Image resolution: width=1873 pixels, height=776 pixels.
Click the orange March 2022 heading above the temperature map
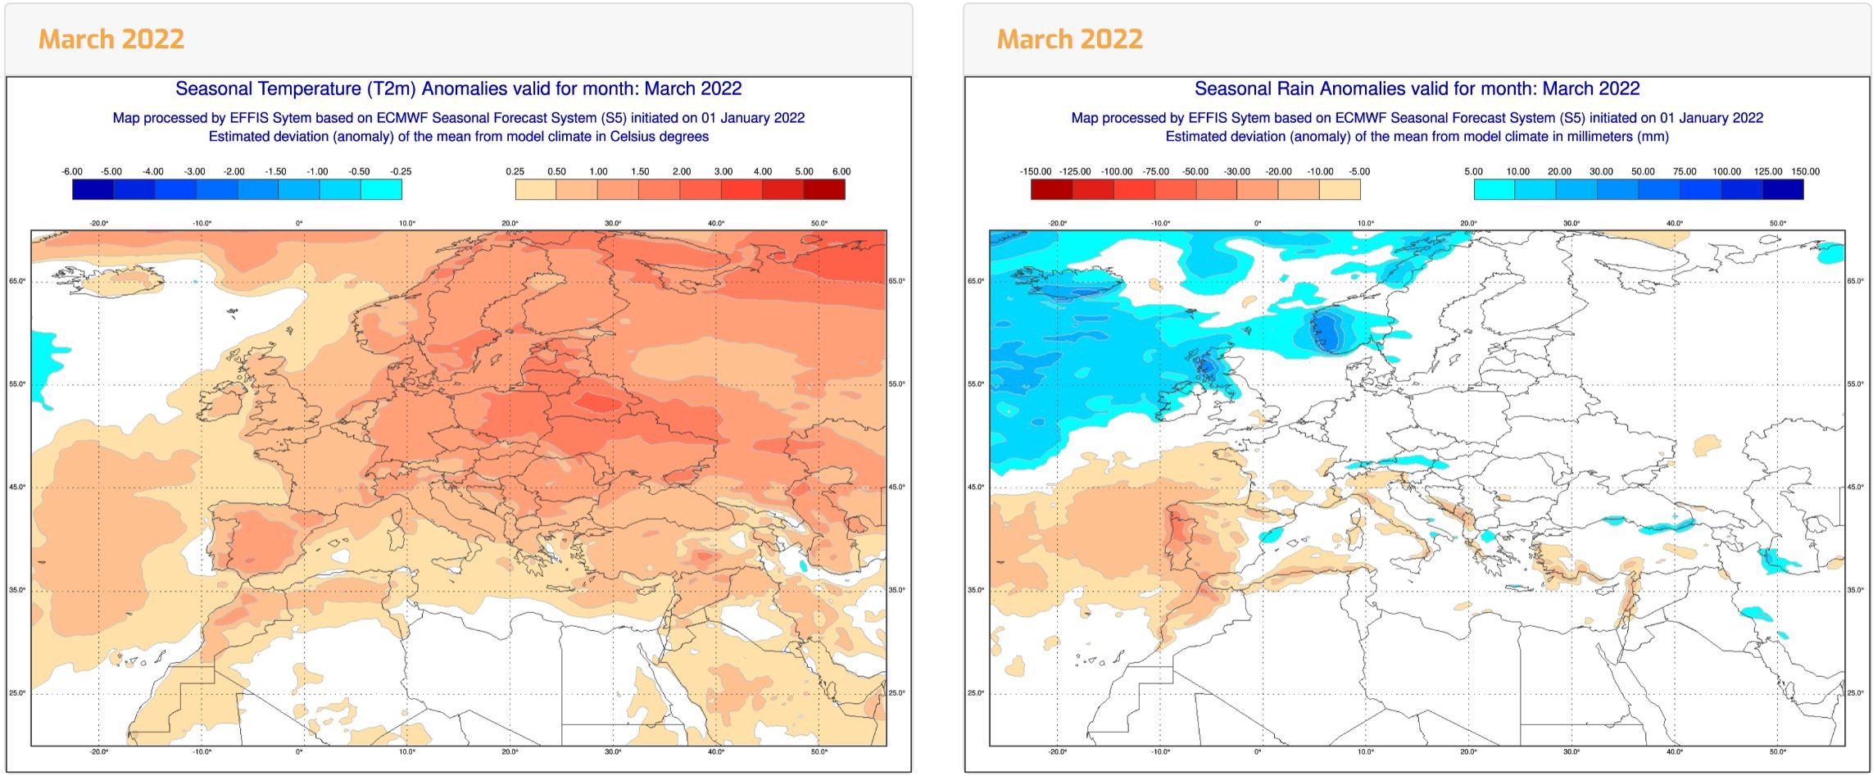[x=111, y=39]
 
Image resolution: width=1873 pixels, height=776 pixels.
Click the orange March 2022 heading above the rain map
[x=1069, y=39]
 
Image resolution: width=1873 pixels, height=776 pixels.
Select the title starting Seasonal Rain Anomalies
[x=1417, y=88]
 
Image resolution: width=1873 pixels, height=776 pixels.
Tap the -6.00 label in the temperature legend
[x=72, y=171]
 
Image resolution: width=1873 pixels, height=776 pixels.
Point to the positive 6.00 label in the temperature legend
[x=841, y=171]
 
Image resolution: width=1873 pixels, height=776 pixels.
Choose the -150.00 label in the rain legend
[x=1035, y=171]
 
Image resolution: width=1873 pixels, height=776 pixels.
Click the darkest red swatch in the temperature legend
[x=823, y=189]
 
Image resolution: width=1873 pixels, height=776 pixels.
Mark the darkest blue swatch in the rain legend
[x=1782, y=189]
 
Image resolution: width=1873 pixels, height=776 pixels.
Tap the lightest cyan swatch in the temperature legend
[x=381, y=189]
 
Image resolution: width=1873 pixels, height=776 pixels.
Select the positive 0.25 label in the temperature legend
[x=515, y=171]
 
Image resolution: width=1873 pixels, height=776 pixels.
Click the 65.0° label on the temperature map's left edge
[x=17, y=281]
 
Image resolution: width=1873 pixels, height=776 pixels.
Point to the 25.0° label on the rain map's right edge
[x=1856, y=693]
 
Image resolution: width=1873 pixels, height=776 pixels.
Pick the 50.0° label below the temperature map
[x=819, y=751]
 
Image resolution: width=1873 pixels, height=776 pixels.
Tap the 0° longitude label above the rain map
[x=1258, y=223]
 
